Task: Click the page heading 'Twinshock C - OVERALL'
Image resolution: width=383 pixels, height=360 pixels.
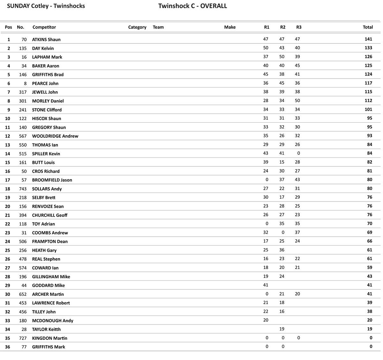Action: (x=192, y=6)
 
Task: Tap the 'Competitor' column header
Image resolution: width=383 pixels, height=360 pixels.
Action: (x=44, y=27)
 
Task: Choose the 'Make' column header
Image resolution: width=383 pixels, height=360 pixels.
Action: (x=230, y=27)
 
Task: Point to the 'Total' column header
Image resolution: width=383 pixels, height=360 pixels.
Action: (x=368, y=27)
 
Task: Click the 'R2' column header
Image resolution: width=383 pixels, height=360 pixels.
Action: (x=283, y=27)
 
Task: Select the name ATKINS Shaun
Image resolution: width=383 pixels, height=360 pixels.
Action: (x=46, y=40)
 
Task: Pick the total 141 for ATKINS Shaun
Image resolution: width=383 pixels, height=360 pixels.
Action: (x=368, y=39)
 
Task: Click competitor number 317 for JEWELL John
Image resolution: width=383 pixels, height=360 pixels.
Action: (x=23, y=92)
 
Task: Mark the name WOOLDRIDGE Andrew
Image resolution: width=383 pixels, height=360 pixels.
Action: (x=55, y=136)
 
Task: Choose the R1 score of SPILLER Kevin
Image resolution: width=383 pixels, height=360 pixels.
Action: (x=266, y=153)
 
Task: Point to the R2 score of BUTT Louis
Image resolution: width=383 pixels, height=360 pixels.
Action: (x=282, y=162)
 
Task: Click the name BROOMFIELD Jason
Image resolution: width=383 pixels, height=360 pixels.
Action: (x=52, y=180)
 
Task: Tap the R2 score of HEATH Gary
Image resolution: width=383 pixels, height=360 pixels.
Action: (x=282, y=250)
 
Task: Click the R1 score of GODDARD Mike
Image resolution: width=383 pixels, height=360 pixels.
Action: (x=266, y=285)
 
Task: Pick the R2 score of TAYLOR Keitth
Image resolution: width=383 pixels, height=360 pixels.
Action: (x=282, y=329)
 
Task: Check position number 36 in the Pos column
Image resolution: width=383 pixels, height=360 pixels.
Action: (x=7, y=347)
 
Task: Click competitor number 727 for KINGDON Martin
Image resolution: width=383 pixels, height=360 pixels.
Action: (x=23, y=338)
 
